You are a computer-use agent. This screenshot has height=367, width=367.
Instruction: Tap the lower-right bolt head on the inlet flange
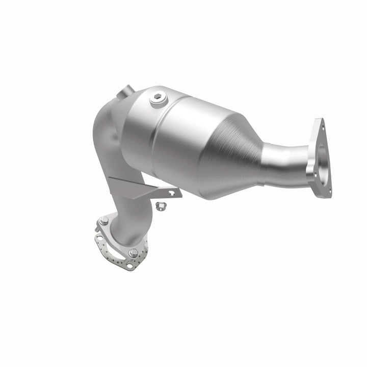pyautogui.click(x=133, y=252)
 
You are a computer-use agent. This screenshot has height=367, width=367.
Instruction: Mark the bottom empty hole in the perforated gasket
pyautogui.click(x=129, y=266)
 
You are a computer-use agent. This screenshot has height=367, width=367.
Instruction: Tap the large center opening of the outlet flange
pyautogui.click(x=322, y=158)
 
